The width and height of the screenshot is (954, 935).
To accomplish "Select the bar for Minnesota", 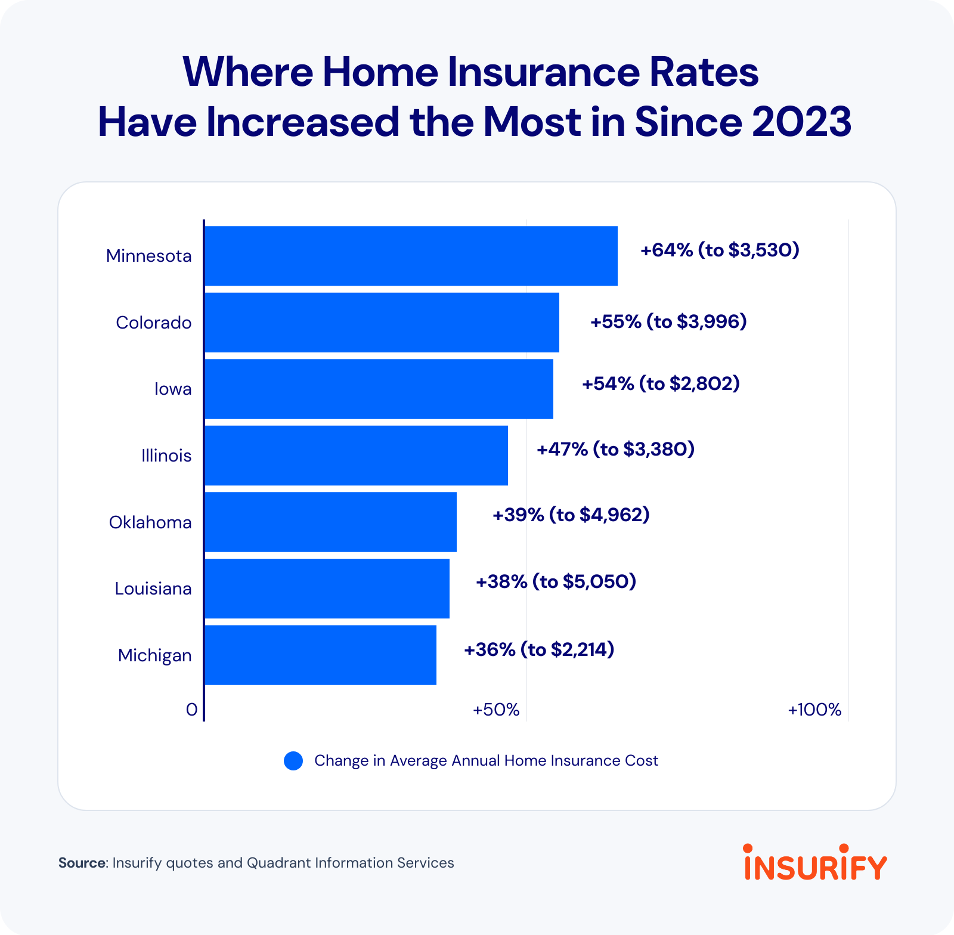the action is (411, 256).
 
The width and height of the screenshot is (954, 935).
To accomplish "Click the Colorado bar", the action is (382, 323).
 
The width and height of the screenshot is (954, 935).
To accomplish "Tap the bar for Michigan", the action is (320, 655).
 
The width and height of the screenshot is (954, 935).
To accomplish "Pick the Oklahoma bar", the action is (330, 522).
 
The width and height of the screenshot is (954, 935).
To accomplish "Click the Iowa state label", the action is (173, 389).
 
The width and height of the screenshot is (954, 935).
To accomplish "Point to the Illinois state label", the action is (166, 456).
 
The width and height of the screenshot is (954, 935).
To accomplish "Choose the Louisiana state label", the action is (153, 589).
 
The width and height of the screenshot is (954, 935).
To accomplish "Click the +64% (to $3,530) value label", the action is (720, 250).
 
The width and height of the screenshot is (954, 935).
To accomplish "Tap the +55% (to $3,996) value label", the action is (668, 322).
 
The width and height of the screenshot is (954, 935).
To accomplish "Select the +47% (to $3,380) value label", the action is (616, 449).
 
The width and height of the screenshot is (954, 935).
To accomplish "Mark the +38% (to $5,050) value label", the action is (556, 581).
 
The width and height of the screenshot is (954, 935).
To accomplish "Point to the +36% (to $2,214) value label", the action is (539, 649).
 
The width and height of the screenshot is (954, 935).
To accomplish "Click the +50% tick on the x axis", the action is (496, 710).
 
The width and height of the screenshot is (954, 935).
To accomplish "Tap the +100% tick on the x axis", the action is (814, 710).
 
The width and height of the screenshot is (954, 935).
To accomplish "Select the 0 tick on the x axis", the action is (191, 710).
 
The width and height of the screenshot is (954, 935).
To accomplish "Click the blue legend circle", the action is (293, 761).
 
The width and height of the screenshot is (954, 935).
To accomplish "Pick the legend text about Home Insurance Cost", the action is (486, 761).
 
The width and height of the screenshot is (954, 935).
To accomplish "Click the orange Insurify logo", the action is (816, 862).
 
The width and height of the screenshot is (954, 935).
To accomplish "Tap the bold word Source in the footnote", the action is (82, 863).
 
